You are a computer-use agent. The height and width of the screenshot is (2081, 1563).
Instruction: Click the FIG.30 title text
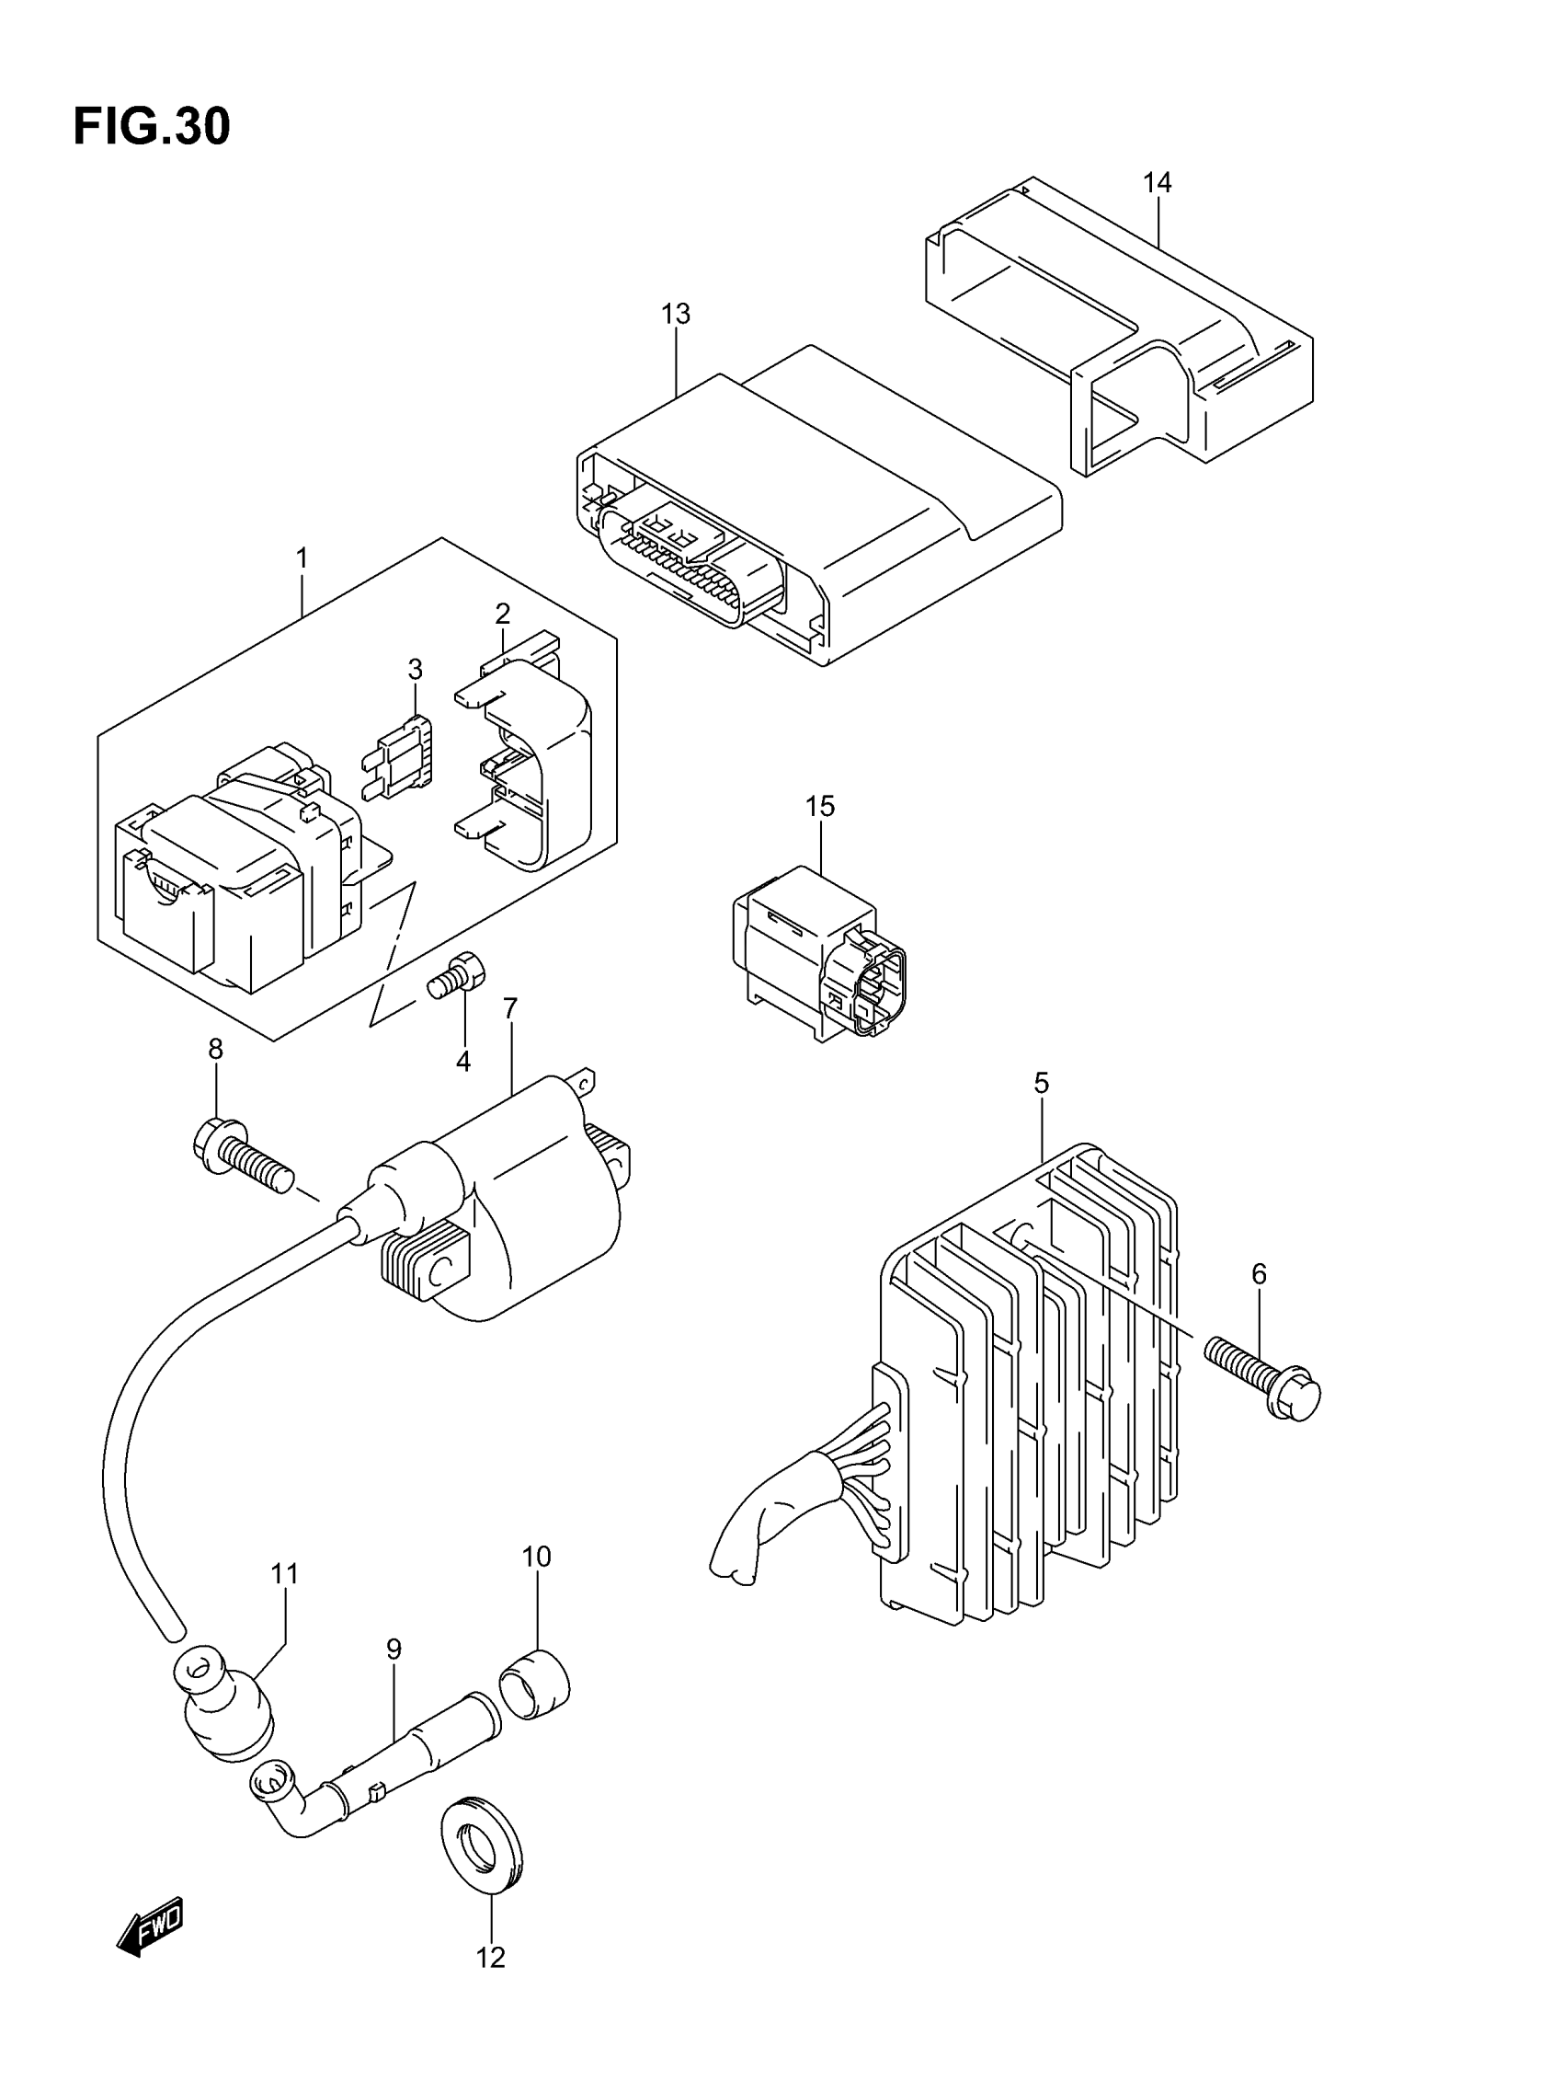[x=152, y=127]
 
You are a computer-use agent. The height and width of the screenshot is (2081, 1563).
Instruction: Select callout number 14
[x=1157, y=182]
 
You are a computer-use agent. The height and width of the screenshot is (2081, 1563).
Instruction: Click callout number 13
[x=675, y=315]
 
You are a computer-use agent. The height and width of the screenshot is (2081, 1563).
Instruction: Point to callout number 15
[x=819, y=806]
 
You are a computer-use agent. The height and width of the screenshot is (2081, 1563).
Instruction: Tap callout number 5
[x=1041, y=1084]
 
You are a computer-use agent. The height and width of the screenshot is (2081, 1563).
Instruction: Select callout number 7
[x=509, y=1008]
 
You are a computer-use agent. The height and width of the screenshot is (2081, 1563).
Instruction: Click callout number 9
[x=394, y=1650]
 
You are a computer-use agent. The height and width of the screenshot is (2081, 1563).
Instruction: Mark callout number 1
[x=302, y=558]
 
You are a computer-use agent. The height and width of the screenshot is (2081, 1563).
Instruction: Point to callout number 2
[x=502, y=615]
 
